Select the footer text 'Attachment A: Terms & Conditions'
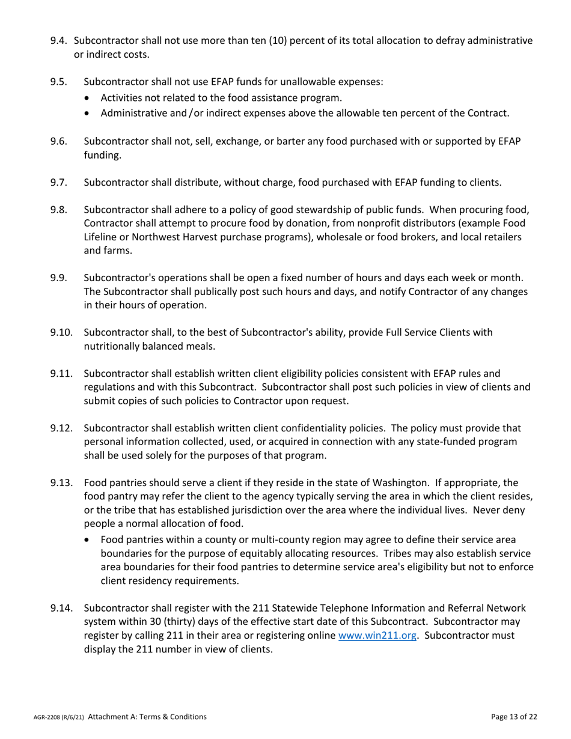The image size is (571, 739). [147, 717]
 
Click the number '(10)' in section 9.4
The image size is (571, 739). [248, 41]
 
